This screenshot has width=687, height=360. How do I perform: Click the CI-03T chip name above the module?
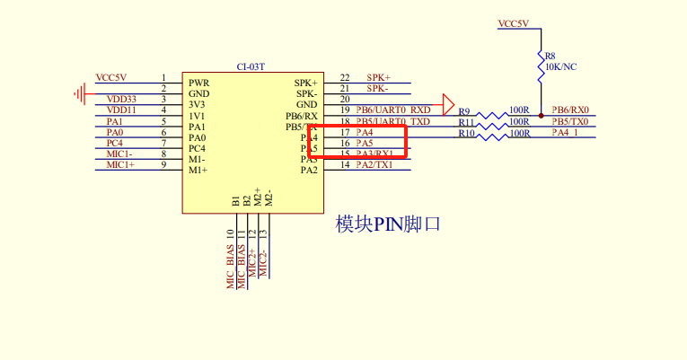coord(251,66)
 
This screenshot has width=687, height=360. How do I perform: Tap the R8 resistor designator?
coord(550,56)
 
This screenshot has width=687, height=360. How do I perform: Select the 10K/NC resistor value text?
coord(561,66)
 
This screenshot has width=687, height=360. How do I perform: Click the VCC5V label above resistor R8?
coord(514,23)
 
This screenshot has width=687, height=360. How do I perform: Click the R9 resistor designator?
coord(464,112)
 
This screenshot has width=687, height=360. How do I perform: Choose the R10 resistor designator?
coord(466,134)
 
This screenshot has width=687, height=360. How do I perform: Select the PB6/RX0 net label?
coord(570,110)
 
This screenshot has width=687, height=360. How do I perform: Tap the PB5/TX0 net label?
coord(570,121)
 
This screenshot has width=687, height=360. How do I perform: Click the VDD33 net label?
coord(121,99)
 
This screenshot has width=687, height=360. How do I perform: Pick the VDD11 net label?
coord(121,110)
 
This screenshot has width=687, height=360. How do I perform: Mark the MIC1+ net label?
coord(120,164)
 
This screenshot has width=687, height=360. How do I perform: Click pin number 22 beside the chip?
coord(345,78)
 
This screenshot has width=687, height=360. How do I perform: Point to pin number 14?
coord(345,164)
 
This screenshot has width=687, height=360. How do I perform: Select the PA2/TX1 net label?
coord(374,164)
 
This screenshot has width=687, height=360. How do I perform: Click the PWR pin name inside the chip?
coord(198,83)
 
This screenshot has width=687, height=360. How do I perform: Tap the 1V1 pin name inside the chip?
coord(197,116)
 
